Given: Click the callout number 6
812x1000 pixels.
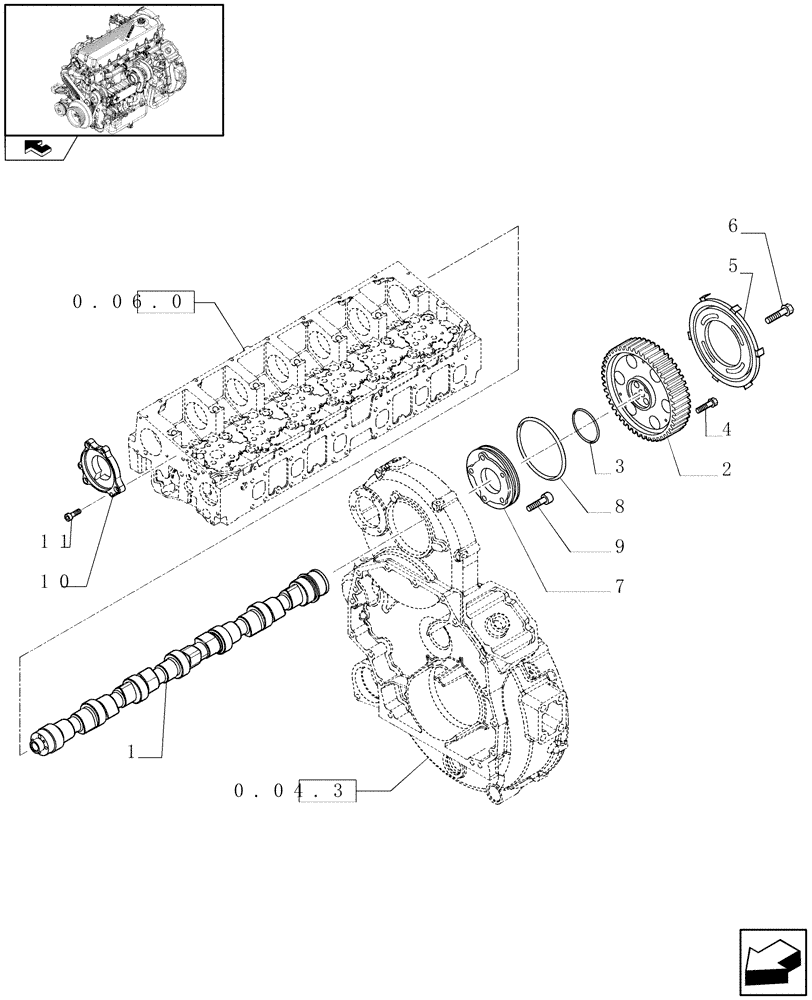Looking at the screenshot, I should pyautogui.click(x=732, y=227).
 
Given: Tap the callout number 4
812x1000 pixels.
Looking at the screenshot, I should pyautogui.click(x=726, y=430).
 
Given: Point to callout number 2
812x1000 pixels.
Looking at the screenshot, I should pyautogui.click(x=726, y=468).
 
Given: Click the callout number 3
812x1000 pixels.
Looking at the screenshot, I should pyautogui.click(x=619, y=467).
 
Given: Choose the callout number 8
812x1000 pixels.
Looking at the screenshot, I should pyautogui.click(x=619, y=507).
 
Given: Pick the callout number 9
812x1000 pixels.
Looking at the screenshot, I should pyautogui.click(x=619, y=547).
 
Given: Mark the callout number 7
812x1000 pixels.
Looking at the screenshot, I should pyautogui.click(x=619, y=587).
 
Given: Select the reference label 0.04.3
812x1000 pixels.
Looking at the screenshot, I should pyautogui.click(x=294, y=791).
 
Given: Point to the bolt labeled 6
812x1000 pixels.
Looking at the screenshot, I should pyautogui.click(x=777, y=316).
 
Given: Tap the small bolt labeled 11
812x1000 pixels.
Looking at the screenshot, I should pyautogui.click(x=69, y=514).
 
